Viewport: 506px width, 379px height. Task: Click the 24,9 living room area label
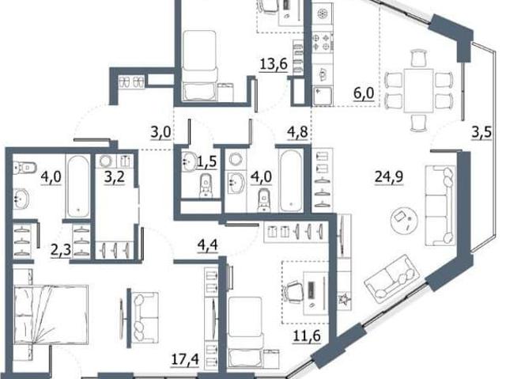tap(389, 176)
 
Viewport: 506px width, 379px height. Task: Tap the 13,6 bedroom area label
tap(274, 64)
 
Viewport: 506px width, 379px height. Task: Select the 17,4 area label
tap(185, 359)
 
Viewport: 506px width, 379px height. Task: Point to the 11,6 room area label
tap(307, 335)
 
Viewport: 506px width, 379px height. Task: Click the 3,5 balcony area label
tap(481, 132)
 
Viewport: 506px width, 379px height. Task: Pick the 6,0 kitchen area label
tap(364, 93)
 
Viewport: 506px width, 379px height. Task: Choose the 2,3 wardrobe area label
tap(61, 250)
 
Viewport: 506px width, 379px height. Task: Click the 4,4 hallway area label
tap(207, 244)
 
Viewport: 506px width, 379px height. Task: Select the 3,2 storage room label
tap(114, 176)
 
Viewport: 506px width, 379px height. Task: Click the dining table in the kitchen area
tap(418, 90)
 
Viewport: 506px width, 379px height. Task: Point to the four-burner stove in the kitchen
tap(322, 42)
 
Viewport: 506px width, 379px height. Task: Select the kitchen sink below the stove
tap(322, 96)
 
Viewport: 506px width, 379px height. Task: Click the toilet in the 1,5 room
tap(206, 185)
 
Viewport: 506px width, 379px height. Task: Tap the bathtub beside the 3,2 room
tap(79, 186)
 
